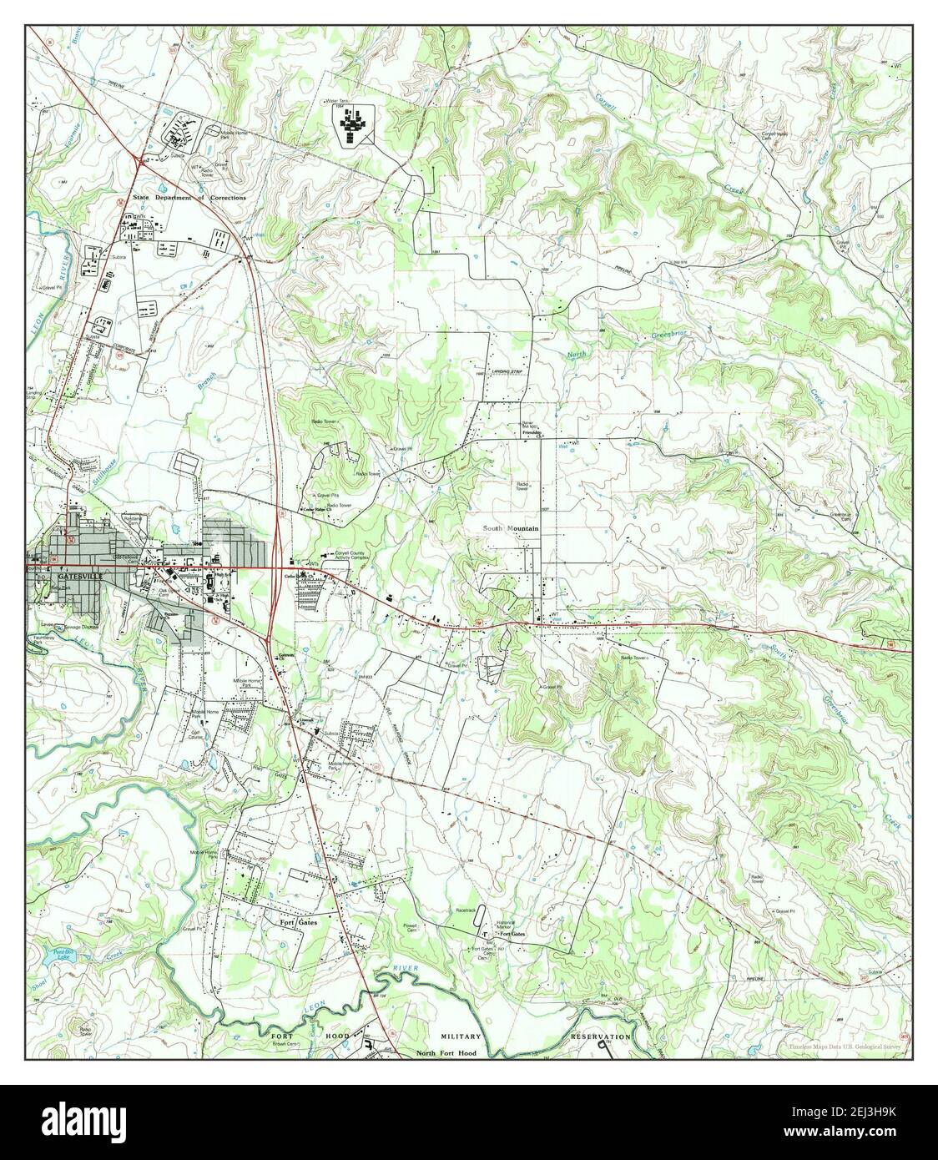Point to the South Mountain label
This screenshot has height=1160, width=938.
[511, 529]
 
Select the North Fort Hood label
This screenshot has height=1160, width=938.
[446, 1054]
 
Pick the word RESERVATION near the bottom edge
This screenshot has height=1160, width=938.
[600, 1036]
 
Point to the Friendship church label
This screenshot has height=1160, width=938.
[533, 434]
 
